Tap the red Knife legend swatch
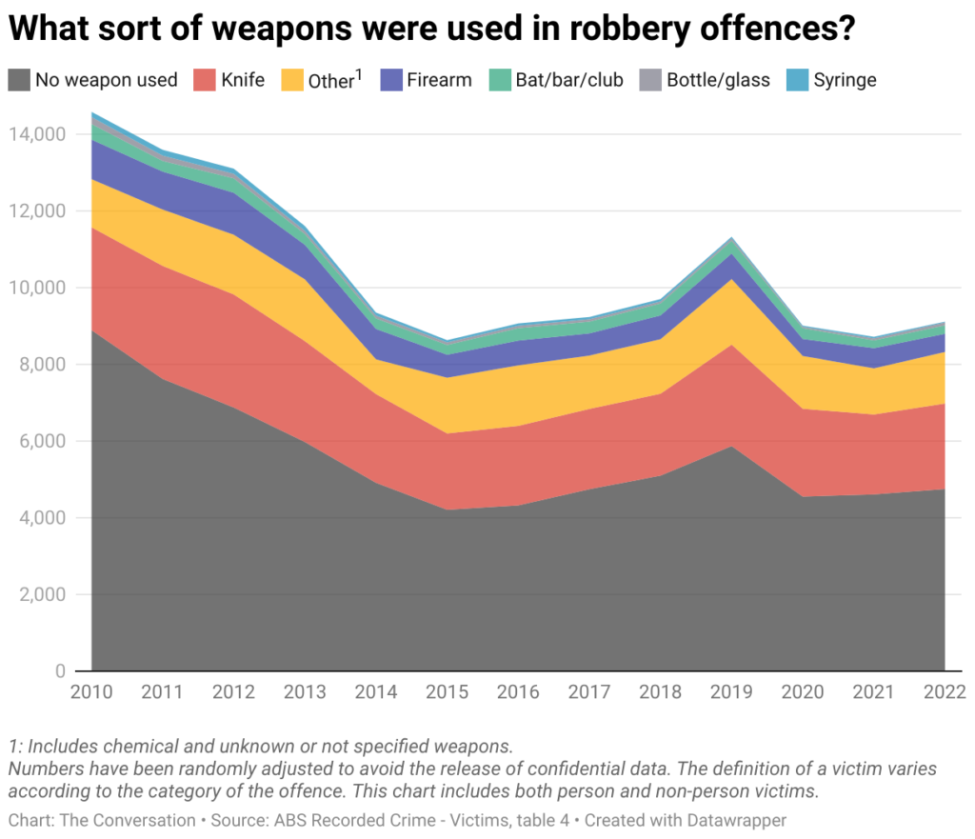click(202, 79)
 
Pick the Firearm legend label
click(439, 80)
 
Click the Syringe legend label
click(845, 80)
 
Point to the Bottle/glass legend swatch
click(650, 79)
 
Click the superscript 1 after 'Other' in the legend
click(359, 74)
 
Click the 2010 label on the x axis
click(91, 692)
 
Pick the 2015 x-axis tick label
click(447, 692)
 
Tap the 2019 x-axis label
click(731, 692)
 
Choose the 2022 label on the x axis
click(943, 692)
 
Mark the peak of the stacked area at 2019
click(731, 237)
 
